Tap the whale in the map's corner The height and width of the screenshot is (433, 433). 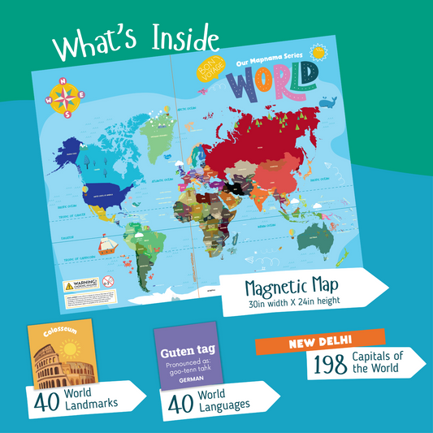coord(328,102)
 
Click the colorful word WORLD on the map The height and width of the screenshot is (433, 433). coord(273,83)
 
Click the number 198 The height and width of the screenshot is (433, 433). coord(330,366)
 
